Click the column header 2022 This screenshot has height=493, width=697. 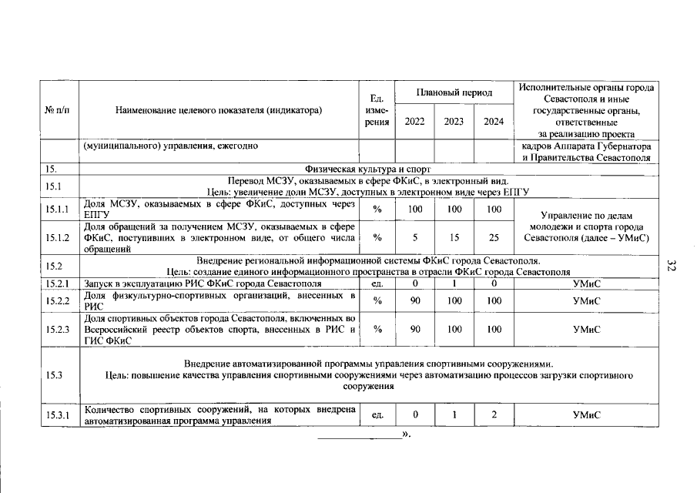[x=415, y=122]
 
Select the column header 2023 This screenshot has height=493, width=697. [x=454, y=122]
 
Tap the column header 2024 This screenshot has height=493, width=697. [x=494, y=122]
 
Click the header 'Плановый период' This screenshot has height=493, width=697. [x=454, y=92]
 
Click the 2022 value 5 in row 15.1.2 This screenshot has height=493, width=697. [x=415, y=237]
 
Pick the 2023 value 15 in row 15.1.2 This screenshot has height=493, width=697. [x=454, y=237]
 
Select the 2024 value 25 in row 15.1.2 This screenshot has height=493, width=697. [x=494, y=237]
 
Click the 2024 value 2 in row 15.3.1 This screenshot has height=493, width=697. [x=494, y=415]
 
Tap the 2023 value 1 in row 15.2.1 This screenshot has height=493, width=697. [x=454, y=283]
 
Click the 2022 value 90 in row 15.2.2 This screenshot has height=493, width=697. [x=415, y=300]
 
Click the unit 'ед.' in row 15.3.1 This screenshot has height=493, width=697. [x=377, y=415]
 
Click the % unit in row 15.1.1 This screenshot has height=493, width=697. [x=377, y=210]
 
